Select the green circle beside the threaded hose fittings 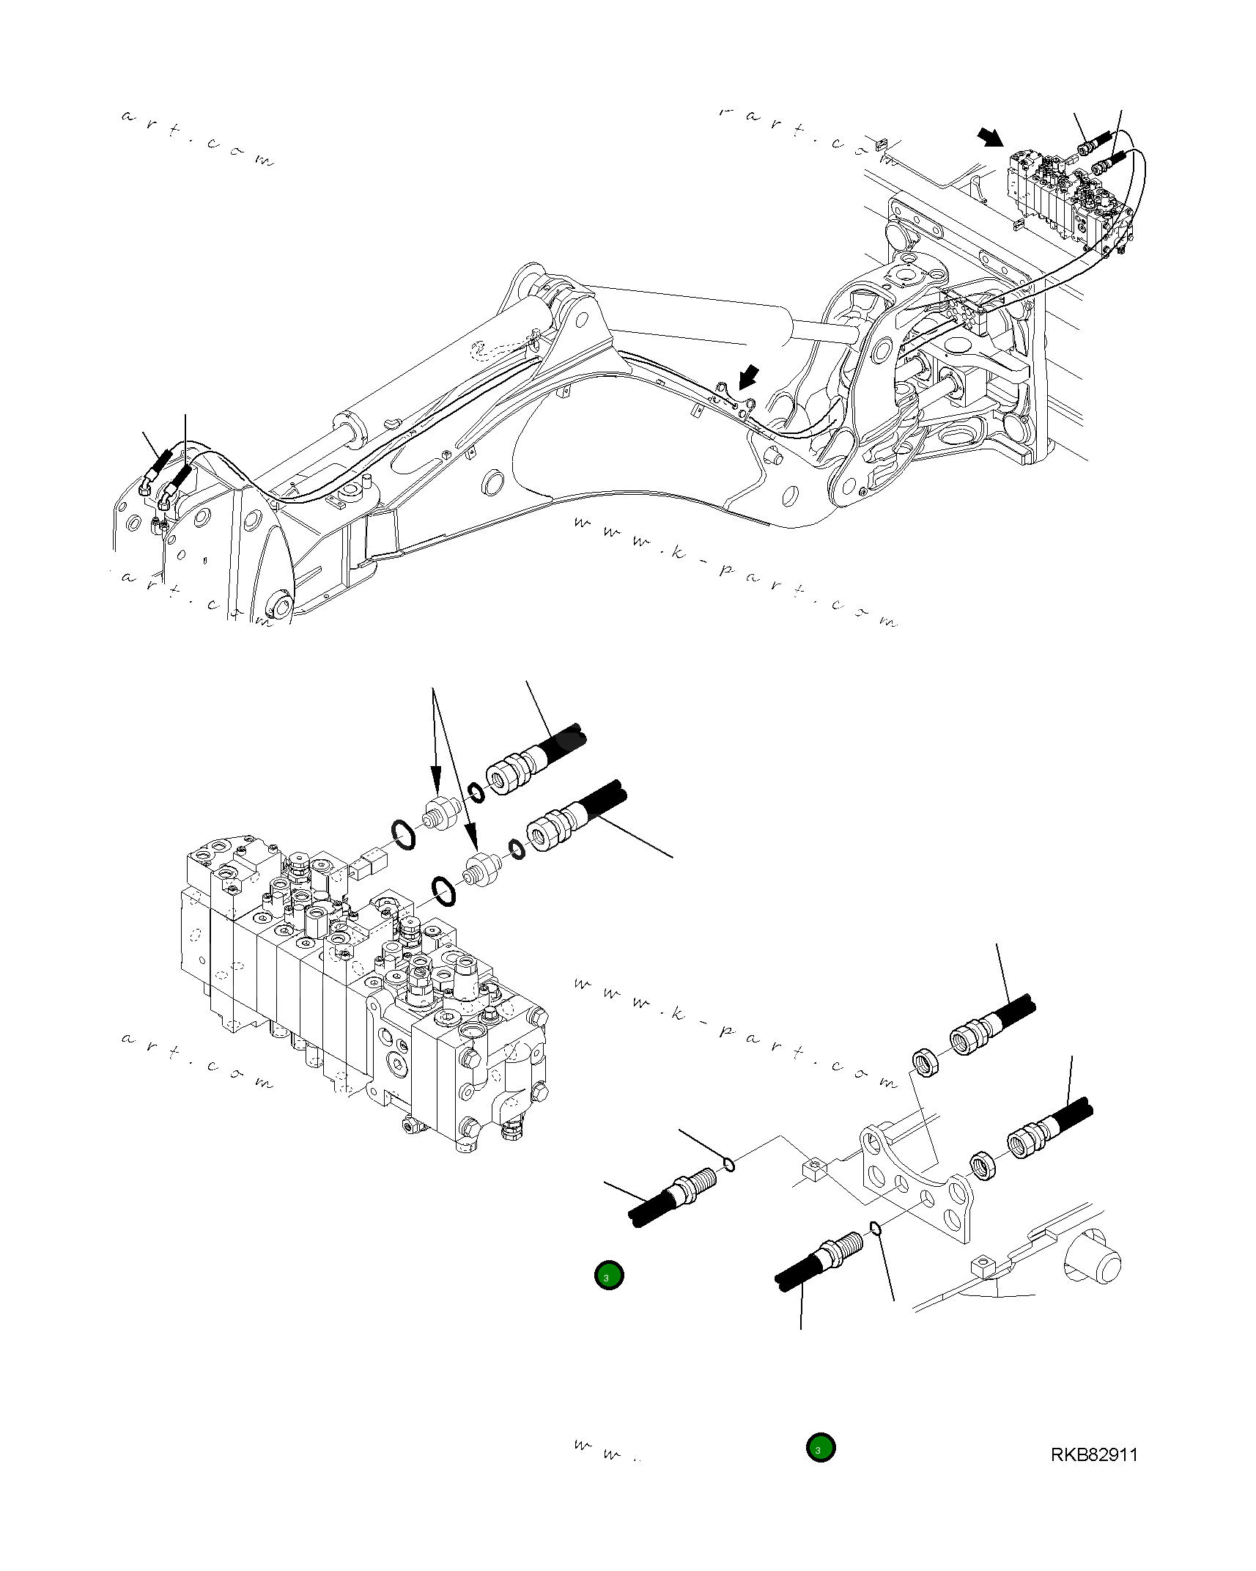coord(609,1276)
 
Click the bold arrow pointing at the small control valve coord(991,137)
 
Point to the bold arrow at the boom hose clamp coord(749,377)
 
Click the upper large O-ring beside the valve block coord(402,835)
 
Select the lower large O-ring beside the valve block coord(443,890)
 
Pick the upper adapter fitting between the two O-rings coord(441,813)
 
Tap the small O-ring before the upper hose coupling coord(476,792)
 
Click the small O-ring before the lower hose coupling coord(517,848)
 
